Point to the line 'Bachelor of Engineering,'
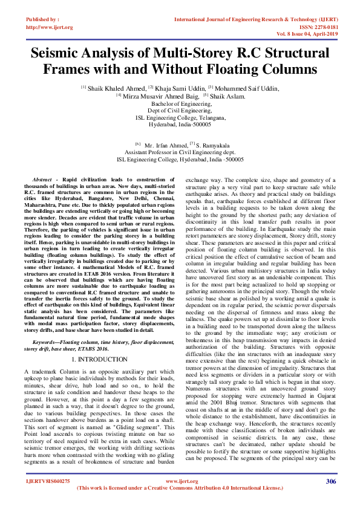tap(180, 104)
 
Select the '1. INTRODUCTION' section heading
tap(102, 359)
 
